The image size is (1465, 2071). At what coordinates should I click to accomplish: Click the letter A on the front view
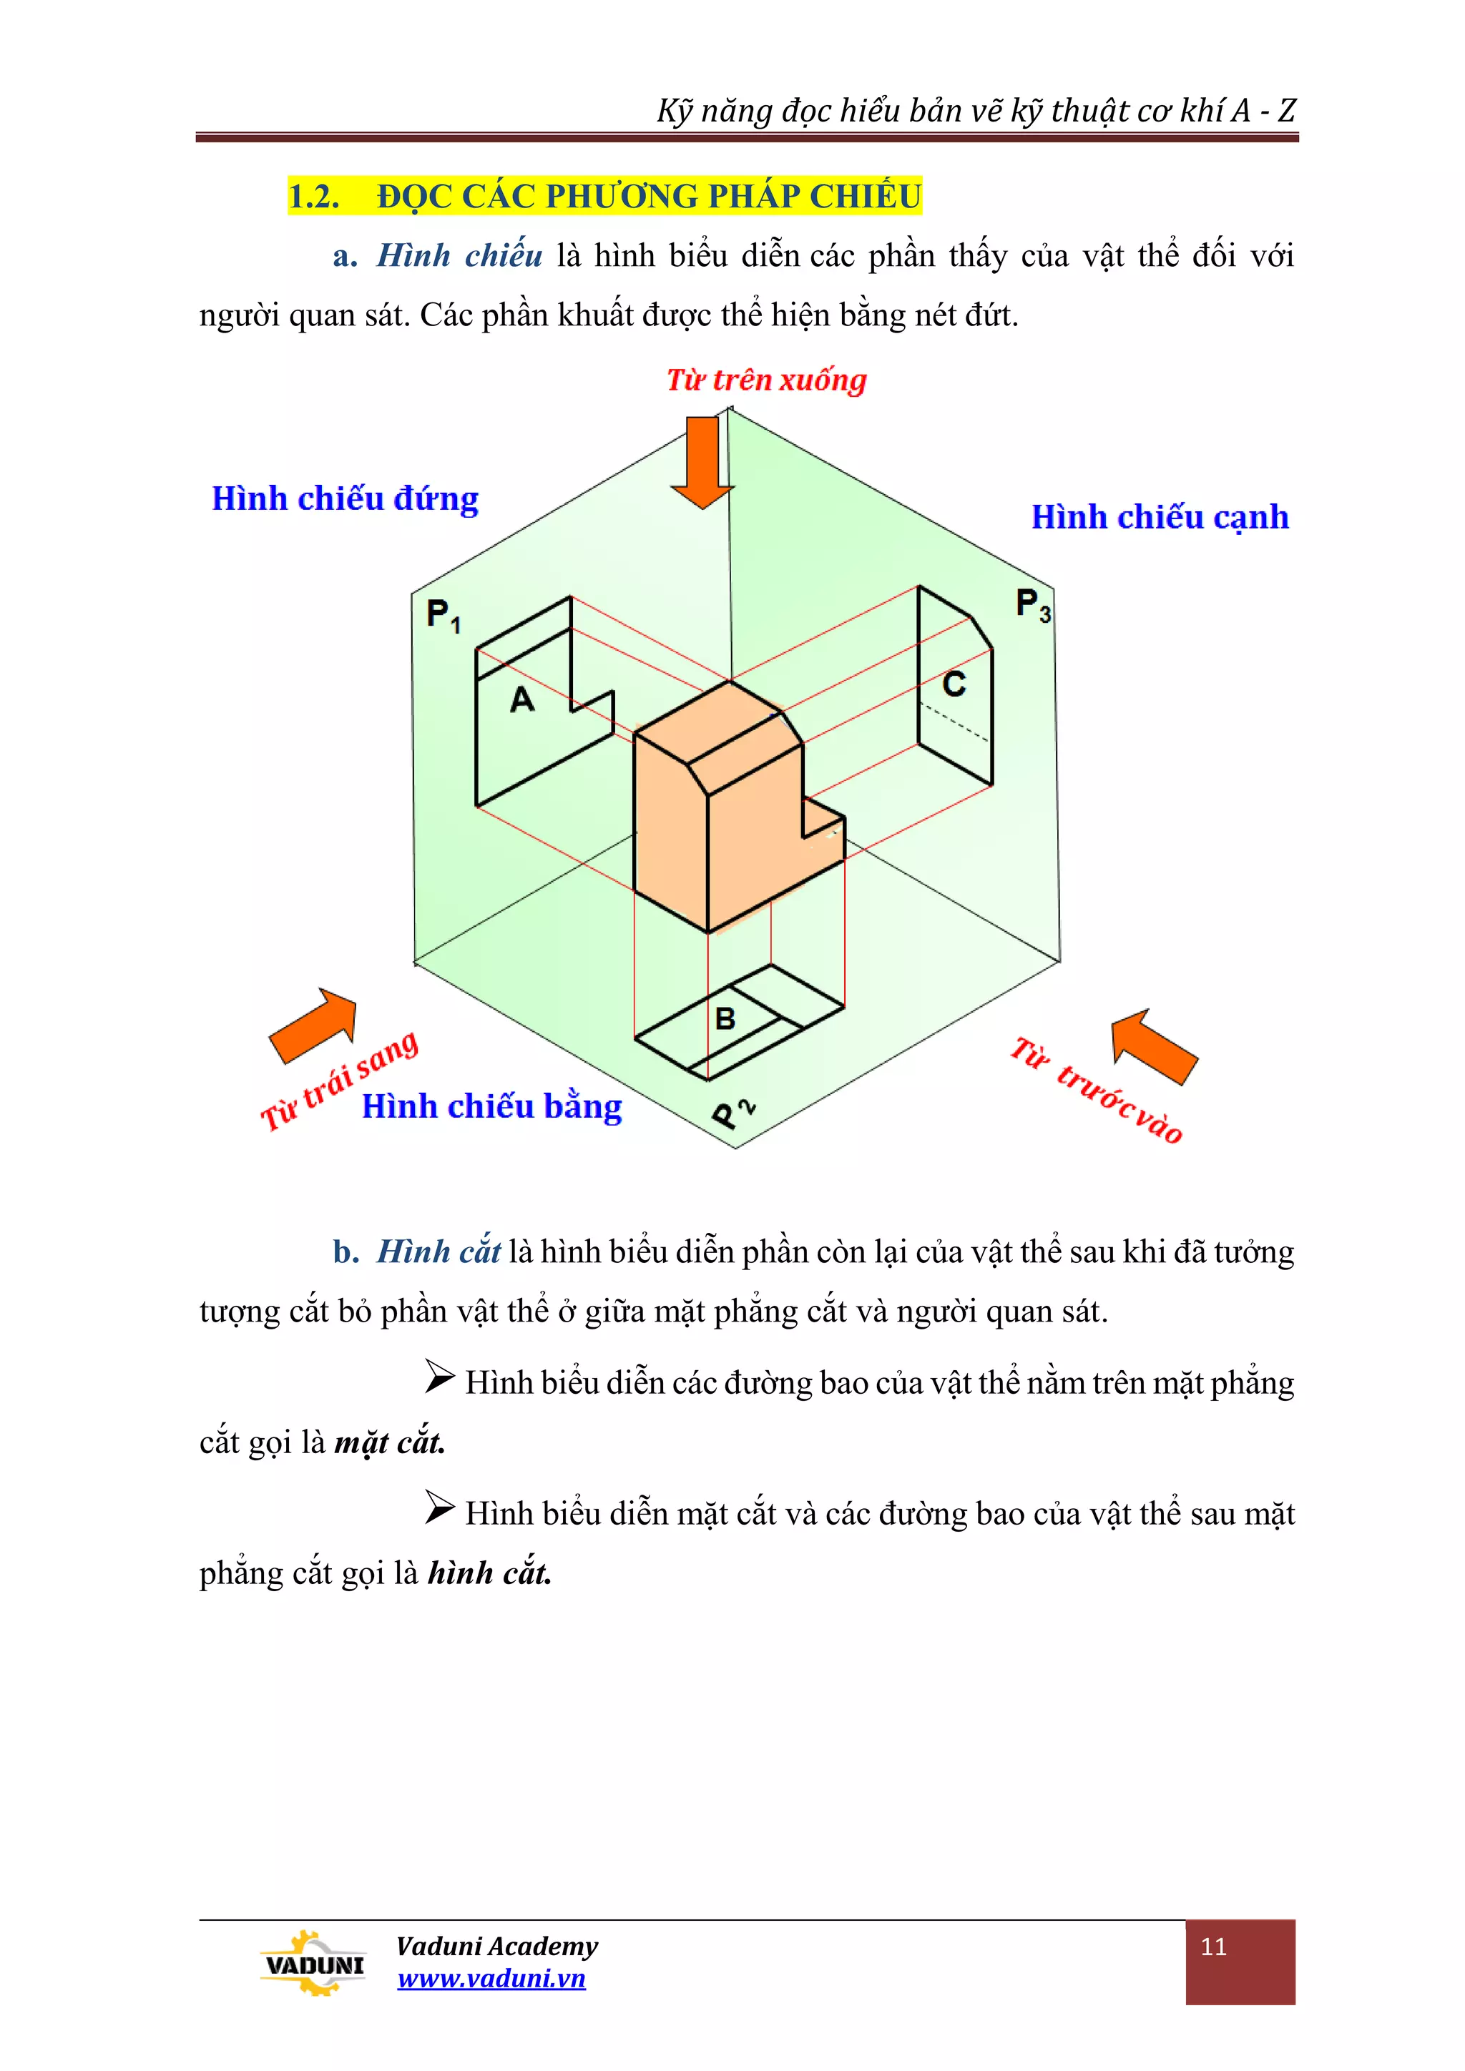pos(522,700)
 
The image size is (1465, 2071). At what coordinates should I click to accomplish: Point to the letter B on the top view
pos(725,1019)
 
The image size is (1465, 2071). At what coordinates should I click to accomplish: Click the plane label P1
pos(443,616)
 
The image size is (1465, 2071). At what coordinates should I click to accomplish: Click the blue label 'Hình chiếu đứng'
pos(345,499)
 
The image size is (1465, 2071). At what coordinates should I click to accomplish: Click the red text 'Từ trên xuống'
pos(766,380)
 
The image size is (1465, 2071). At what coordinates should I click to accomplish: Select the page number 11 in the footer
pos(1213,1947)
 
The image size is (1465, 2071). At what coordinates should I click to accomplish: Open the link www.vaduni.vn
pos(491,1978)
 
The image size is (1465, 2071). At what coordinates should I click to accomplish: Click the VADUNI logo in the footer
pos(312,1964)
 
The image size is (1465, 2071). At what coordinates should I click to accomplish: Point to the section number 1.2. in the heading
pos(314,196)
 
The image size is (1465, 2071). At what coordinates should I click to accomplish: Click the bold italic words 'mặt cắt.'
pos(390,1442)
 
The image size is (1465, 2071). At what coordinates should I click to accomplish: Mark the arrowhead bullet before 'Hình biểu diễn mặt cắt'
pos(439,1507)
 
